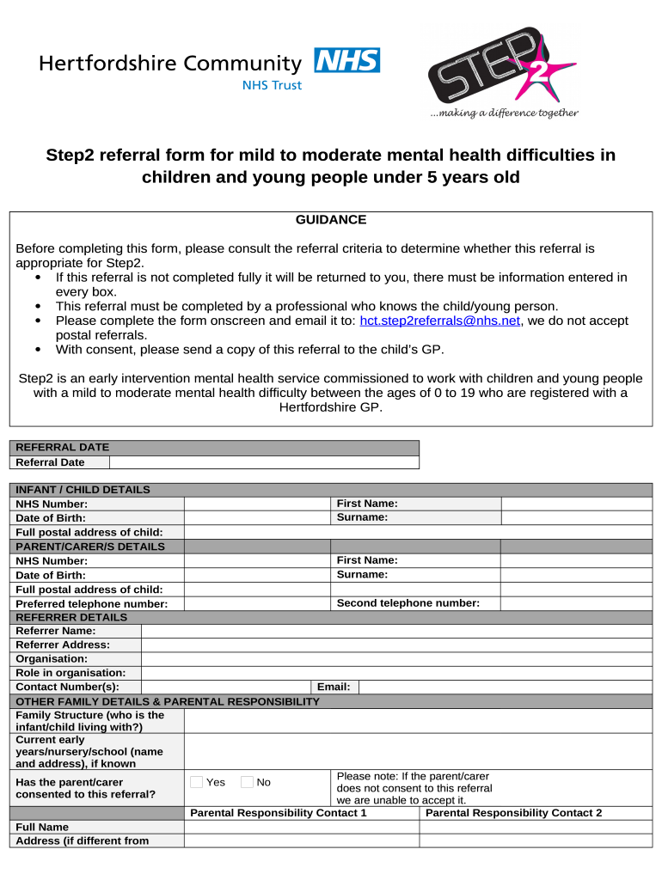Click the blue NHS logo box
click(347, 60)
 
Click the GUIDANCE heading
click(331, 220)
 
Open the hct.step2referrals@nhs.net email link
click(439, 321)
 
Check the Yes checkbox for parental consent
click(196, 782)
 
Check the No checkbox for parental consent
click(247, 782)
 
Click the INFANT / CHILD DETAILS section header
click(83, 490)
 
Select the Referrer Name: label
click(56, 631)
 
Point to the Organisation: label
click(52, 659)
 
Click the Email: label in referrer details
click(334, 687)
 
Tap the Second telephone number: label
click(408, 603)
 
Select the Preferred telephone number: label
click(92, 604)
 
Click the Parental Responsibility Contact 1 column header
click(278, 813)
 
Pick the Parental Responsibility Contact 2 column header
click(513, 813)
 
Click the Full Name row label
click(42, 827)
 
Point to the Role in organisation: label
click(70, 673)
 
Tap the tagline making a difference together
click(504, 113)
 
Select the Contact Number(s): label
click(67, 687)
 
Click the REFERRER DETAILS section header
click(71, 617)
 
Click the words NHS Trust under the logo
click(272, 85)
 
